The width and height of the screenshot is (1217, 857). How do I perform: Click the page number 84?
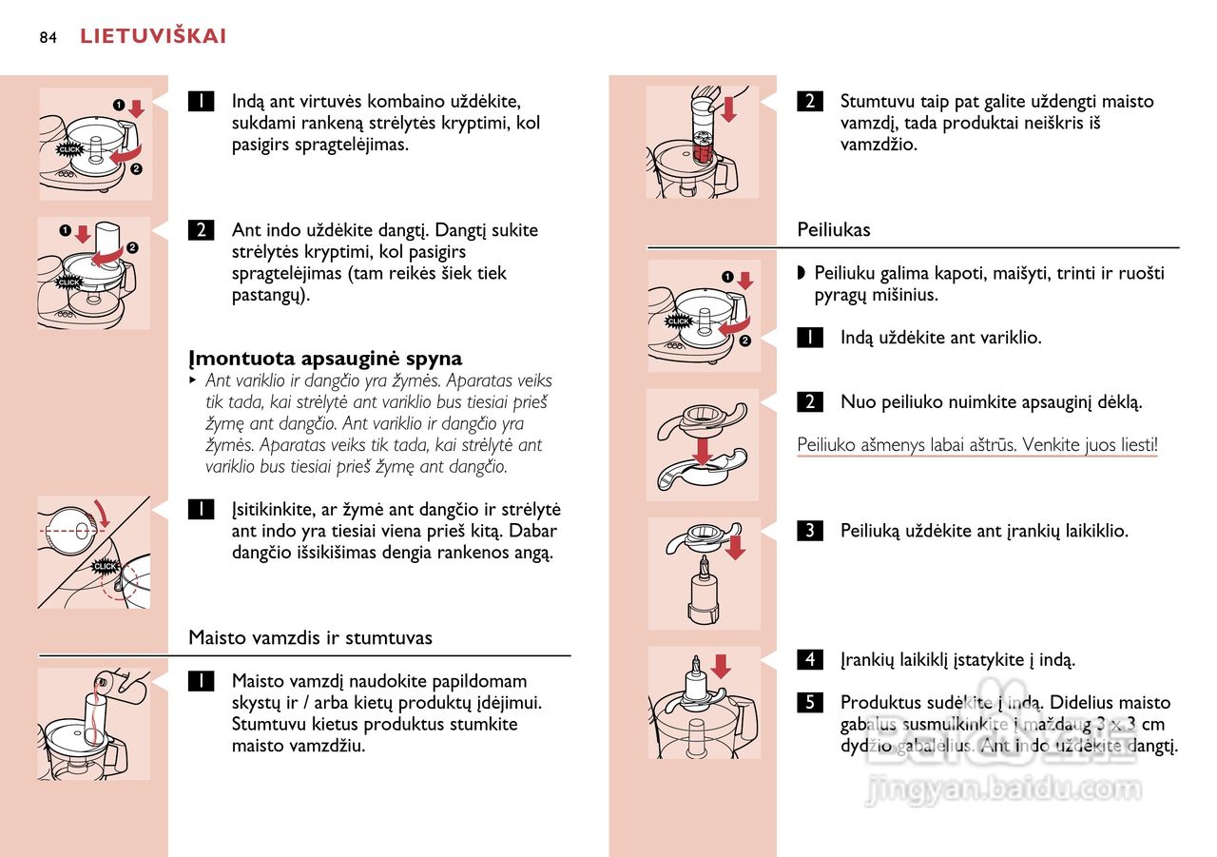(48, 37)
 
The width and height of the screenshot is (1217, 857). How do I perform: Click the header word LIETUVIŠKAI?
(153, 37)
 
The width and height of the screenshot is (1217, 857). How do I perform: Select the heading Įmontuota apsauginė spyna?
(325, 359)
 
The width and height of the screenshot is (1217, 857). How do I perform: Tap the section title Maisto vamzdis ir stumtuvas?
(310, 637)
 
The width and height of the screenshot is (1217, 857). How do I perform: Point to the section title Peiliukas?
(833, 229)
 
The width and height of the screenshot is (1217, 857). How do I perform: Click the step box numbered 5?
(809, 703)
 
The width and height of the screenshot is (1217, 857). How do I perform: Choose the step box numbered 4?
(809, 659)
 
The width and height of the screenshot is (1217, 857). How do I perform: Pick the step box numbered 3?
(809, 531)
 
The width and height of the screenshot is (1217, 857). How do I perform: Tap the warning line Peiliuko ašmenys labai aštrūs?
(976, 444)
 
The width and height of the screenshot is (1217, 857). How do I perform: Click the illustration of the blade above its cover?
(703, 444)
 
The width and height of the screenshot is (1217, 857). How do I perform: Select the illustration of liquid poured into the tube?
(93, 723)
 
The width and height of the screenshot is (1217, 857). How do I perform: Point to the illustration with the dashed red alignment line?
(93, 553)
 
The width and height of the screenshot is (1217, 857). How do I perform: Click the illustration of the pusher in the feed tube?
(702, 143)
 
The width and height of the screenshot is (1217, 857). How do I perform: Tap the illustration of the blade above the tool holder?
(704, 574)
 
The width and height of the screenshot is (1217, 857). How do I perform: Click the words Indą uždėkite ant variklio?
(940, 338)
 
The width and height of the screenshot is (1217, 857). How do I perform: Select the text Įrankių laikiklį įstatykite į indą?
(957, 659)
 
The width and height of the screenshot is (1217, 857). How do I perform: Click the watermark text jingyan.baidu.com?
(1003, 789)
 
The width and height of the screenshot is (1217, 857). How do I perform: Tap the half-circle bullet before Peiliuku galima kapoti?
(802, 274)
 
